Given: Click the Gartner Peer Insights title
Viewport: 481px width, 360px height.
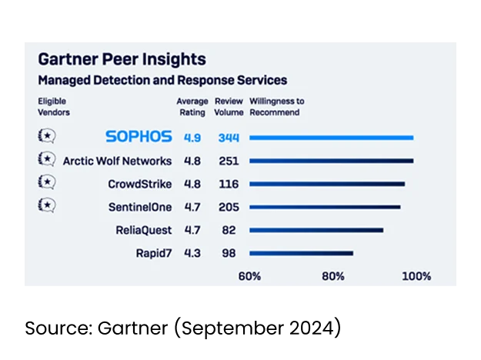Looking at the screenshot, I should tap(122, 60).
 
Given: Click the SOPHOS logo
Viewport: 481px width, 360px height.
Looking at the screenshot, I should tap(139, 137).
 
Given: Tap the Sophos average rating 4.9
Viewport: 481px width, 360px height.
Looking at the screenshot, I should tap(192, 138).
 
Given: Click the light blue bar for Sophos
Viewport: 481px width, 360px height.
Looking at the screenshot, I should tap(332, 138).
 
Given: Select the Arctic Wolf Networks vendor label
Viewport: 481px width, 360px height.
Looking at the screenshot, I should tap(117, 161).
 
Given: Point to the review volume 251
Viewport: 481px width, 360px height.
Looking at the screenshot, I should tap(228, 161).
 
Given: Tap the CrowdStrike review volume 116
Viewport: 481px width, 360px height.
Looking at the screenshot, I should tap(228, 184).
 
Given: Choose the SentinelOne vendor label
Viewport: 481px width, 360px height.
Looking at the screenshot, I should tap(140, 207).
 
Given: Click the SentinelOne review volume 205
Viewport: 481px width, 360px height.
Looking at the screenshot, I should tap(228, 207).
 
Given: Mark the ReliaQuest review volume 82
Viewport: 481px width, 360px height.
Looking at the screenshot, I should tap(228, 230).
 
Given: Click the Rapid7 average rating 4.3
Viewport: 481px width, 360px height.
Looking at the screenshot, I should tap(192, 253).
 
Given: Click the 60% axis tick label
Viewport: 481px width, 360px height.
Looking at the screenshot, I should tap(249, 276).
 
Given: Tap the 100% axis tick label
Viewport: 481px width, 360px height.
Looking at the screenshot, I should tap(416, 276).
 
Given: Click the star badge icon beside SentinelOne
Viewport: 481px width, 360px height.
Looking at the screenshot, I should tap(46, 205).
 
